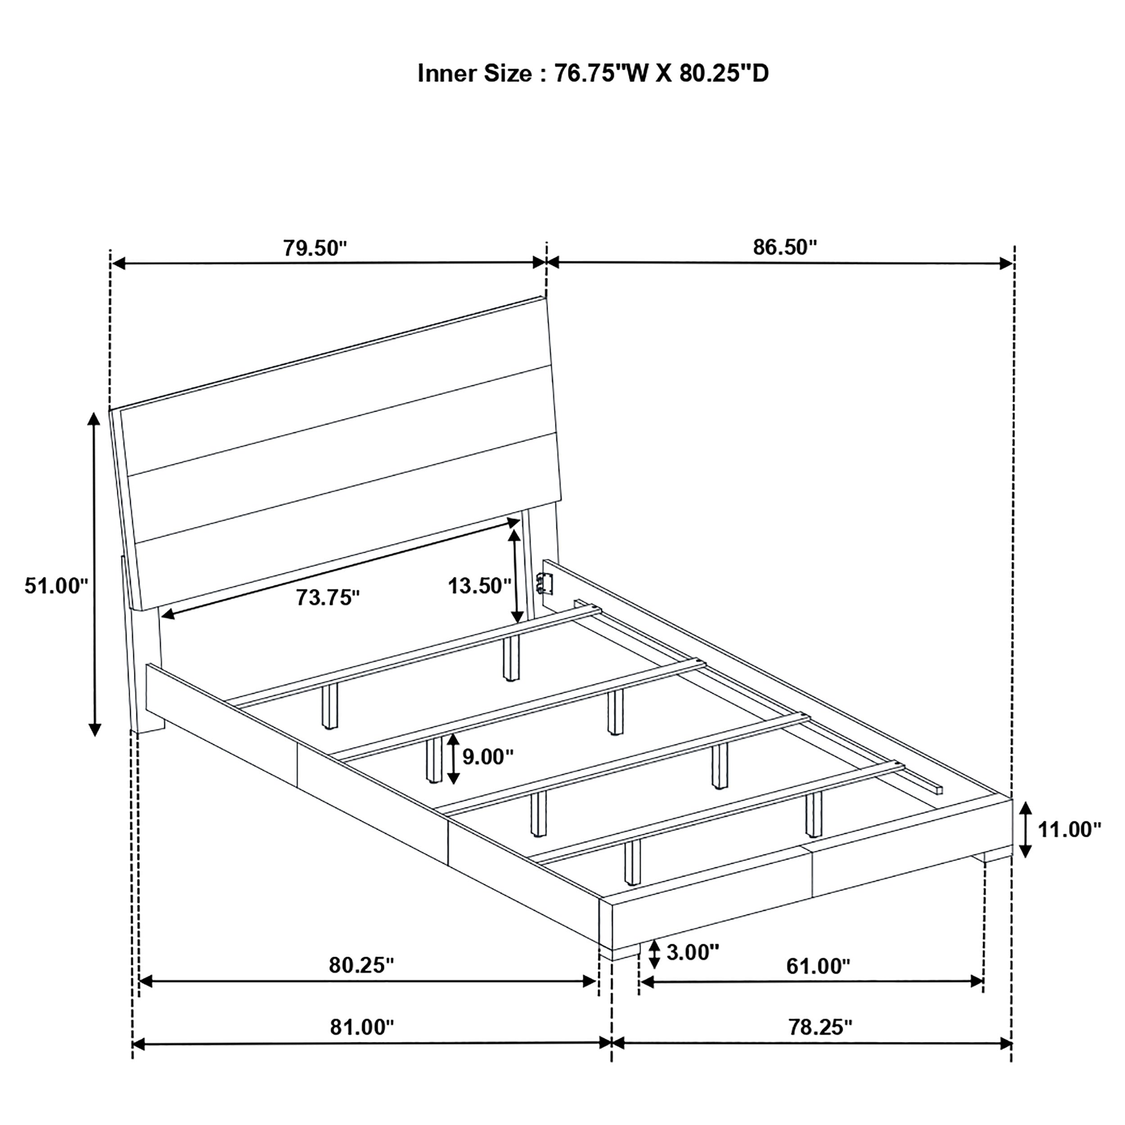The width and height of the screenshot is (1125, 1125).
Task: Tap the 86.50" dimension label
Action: [785, 247]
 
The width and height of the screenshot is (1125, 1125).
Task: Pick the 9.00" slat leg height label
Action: [488, 757]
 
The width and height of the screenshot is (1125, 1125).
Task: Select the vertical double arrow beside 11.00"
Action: [1026, 829]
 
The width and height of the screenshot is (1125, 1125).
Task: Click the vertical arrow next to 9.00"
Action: [454, 758]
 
